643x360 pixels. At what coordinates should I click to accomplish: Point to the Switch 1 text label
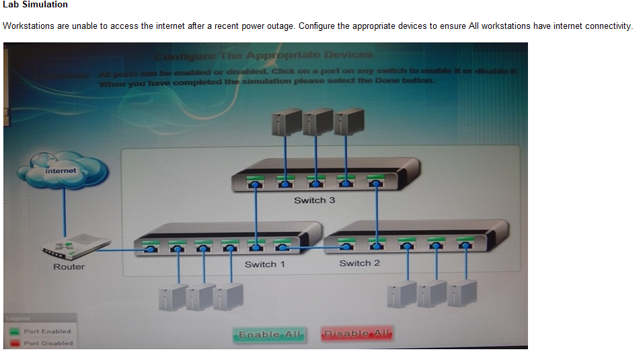click(x=265, y=264)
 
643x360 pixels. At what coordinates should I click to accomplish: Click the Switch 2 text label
click(x=360, y=263)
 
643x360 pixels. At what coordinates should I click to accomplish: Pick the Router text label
click(x=69, y=267)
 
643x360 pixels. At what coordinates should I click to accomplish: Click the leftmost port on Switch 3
click(x=256, y=182)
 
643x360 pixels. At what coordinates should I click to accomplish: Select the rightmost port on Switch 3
click(x=376, y=182)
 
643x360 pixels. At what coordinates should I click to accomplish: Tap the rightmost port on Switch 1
click(x=282, y=246)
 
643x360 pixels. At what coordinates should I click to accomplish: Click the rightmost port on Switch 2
click(x=464, y=244)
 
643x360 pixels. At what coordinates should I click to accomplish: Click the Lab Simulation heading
click(x=35, y=5)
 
